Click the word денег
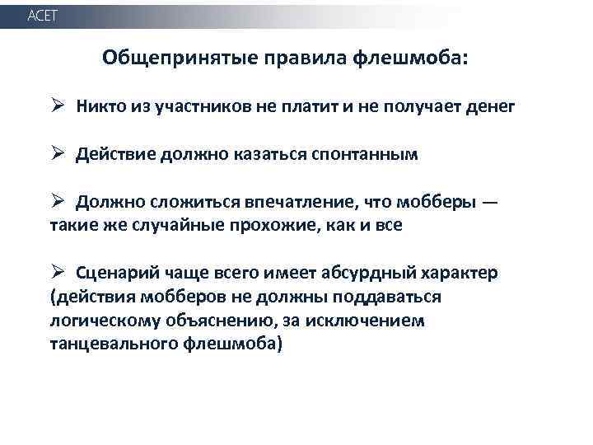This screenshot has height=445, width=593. [491, 106]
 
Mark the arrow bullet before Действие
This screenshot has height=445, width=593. [56, 153]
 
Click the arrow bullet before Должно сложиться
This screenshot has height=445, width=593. [56, 201]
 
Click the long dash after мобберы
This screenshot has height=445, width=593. [489, 202]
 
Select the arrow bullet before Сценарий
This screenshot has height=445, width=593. [56, 272]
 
